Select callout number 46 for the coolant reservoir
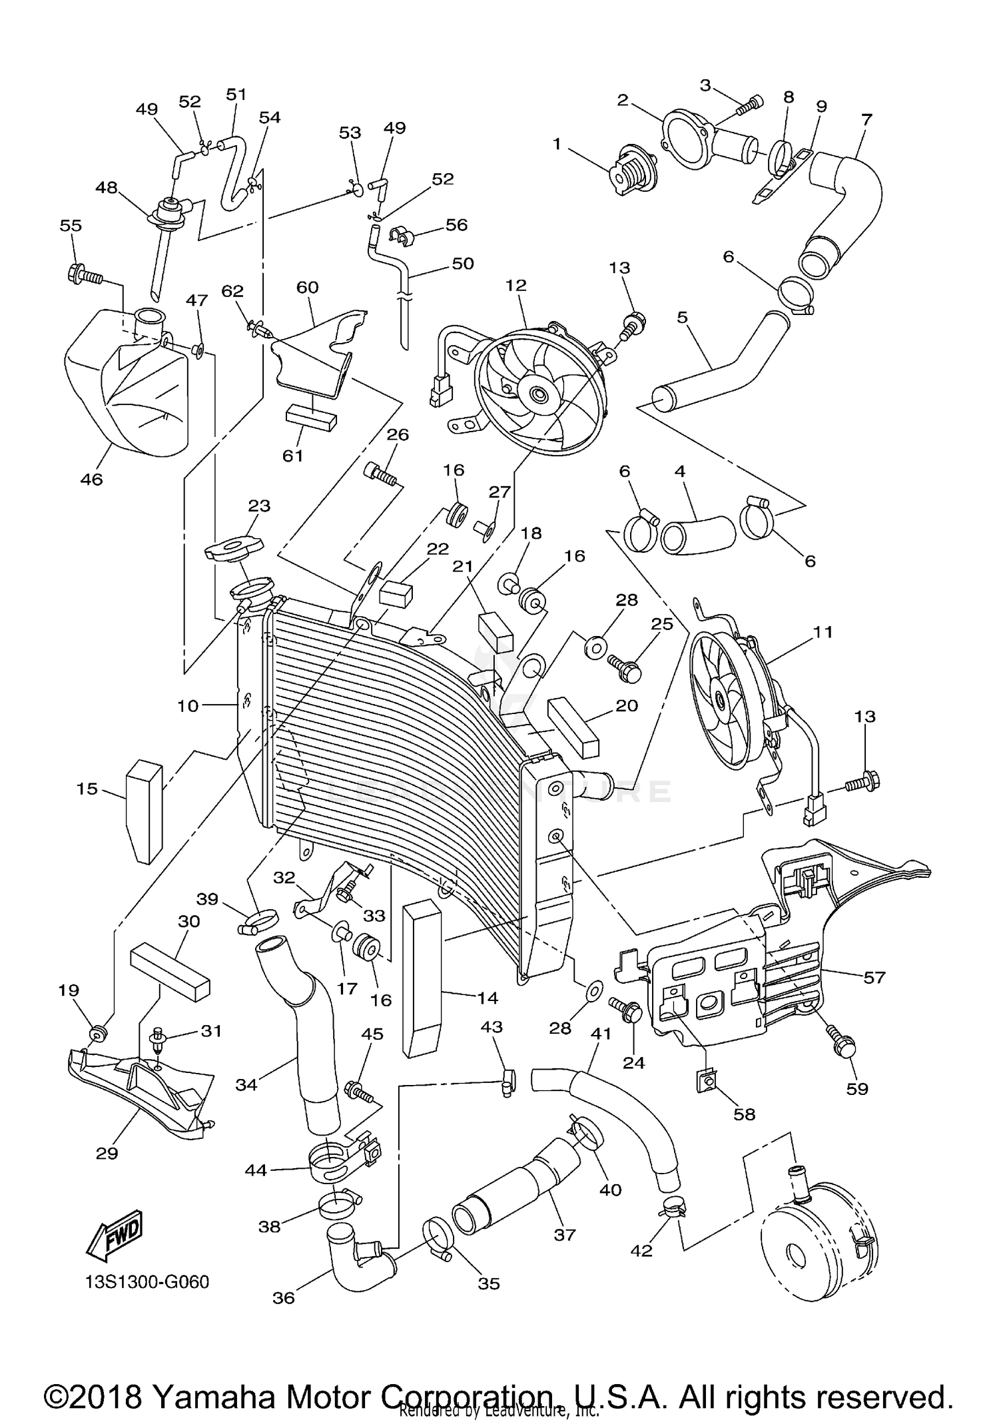[91, 479]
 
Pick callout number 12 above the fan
[515, 285]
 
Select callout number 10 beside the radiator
[188, 705]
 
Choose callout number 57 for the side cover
[874, 977]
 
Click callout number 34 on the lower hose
[246, 1084]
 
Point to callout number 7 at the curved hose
[866, 120]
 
